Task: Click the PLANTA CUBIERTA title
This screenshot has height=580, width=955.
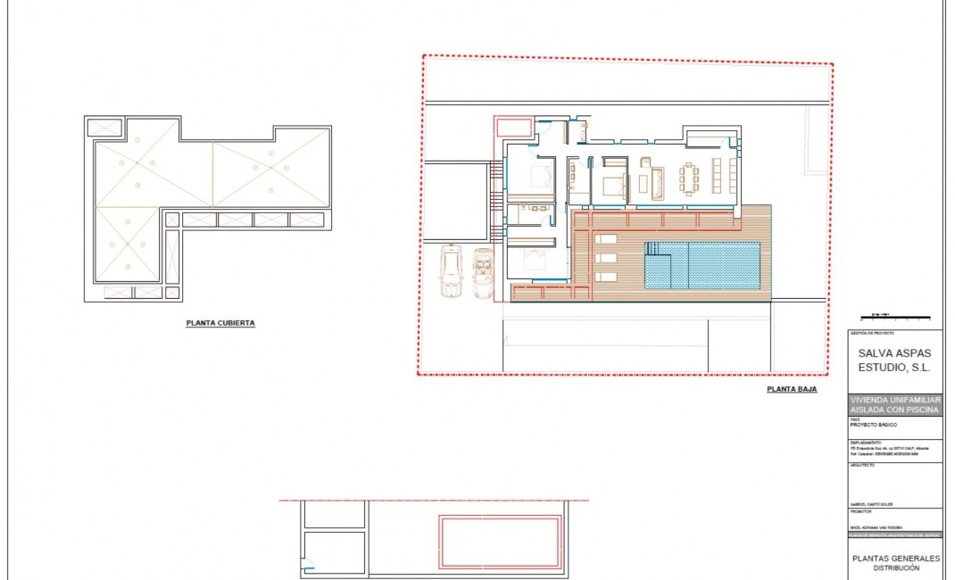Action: pos(220,324)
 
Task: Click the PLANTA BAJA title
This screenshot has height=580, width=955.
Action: pos(792,390)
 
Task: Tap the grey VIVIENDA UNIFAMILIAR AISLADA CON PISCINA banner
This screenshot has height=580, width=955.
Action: pos(893,404)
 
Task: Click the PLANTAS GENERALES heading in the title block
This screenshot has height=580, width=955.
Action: pos(895,559)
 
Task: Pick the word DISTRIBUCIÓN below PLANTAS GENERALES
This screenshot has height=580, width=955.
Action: pos(895,568)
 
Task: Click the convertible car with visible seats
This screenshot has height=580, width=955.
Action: pos(483,273)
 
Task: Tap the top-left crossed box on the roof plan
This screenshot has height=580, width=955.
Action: pos(104,128)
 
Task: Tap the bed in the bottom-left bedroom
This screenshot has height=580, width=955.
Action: pos(530,261)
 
